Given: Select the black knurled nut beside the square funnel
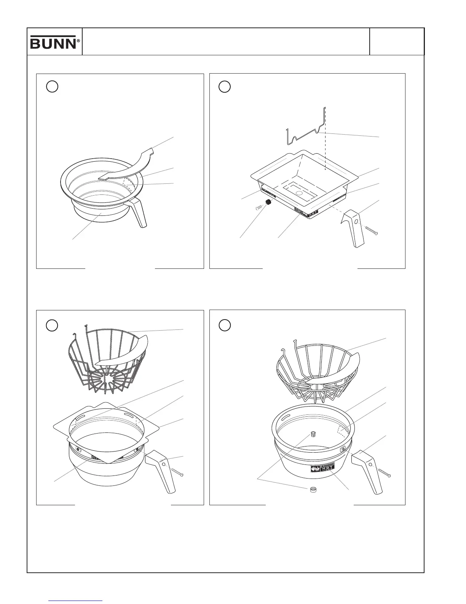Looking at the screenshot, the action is click(x=268, y=202).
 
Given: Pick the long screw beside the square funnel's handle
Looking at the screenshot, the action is click(x=371, y=231).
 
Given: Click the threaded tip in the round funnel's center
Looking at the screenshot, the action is click(x=314, y=434).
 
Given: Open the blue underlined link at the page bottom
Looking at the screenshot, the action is click(x=75, y=601).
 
